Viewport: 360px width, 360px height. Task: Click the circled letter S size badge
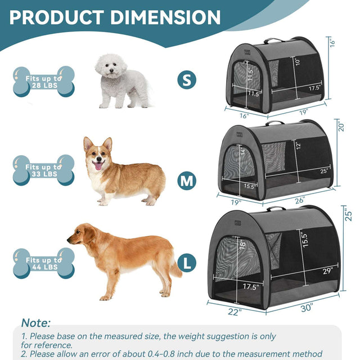click(x=187, y=79)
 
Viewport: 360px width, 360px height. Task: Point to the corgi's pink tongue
click(x=98, y=166)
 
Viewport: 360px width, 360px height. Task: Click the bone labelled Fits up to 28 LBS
click(x=43, y=81)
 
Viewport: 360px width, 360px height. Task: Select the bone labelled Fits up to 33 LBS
click(x=43, y=170)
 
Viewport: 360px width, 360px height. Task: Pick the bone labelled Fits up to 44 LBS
click(x=43, y=263)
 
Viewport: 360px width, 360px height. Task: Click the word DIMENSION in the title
click(x=165, y=17)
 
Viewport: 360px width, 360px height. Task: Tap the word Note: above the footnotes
click(x=36, y=323)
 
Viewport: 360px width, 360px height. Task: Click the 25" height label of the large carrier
click(x=349, y=214)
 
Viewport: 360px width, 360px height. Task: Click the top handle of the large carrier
click(x=275, y=209)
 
